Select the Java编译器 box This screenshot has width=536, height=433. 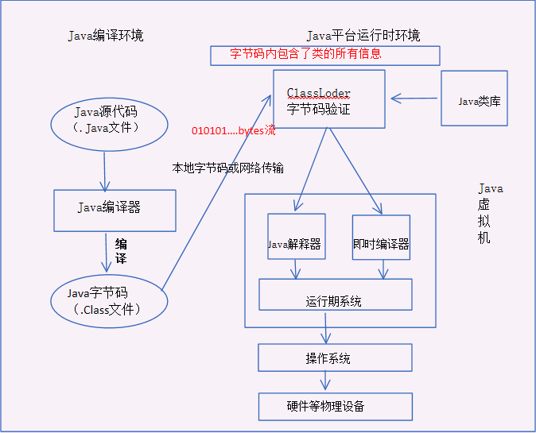115,209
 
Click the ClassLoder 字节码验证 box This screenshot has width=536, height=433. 328,99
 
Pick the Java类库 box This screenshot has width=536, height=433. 474,99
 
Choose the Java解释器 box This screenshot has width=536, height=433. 297,238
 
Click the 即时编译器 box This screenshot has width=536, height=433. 381,238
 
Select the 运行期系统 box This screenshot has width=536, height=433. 335,295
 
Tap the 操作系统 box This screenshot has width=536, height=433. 335,358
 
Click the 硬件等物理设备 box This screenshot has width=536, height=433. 335,406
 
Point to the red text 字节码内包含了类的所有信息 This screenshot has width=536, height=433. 306,54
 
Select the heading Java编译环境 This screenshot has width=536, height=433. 106,36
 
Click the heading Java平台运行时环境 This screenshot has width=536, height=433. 363,36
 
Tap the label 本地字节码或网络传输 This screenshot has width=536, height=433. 228,168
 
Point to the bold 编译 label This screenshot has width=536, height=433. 122,250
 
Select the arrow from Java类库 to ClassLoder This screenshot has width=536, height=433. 414,99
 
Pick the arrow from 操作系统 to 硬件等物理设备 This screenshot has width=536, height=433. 326,381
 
